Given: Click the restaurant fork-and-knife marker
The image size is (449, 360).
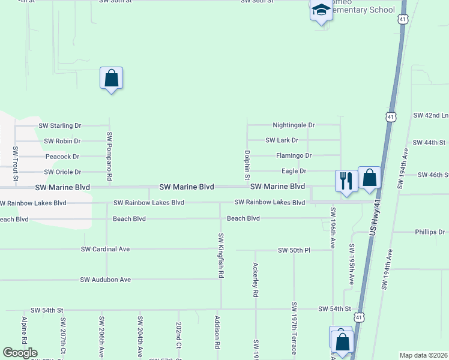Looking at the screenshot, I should (x=346, y=180).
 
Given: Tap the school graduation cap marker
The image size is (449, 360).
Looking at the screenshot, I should (x=321, y=10).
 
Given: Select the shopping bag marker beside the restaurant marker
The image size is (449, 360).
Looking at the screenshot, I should (x=369, y=178).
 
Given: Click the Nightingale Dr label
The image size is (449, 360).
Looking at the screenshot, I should (x=294, y=125).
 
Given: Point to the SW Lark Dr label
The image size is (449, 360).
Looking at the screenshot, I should (x=282, y=140).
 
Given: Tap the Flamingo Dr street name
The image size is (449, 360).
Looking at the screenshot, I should (x=294, y=155).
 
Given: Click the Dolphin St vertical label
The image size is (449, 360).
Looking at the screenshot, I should (x=247, y=165).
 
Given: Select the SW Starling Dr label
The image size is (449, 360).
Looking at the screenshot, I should (x=59, y=126).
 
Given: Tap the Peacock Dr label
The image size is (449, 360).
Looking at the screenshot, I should (x=62, y=157).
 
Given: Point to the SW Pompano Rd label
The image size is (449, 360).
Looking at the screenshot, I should (x=109, y=157).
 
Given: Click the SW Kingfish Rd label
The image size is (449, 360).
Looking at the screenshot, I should (x=221, y=255).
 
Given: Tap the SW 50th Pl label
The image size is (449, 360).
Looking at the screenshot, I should (x=294, y=250).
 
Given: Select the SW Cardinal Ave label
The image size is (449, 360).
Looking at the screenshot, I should (x=114, y=249).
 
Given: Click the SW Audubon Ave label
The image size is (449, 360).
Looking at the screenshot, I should (x=106, y=280).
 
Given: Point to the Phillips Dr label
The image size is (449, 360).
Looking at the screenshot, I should (x=430, y=232).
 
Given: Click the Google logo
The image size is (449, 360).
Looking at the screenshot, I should (x=20, y=353).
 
